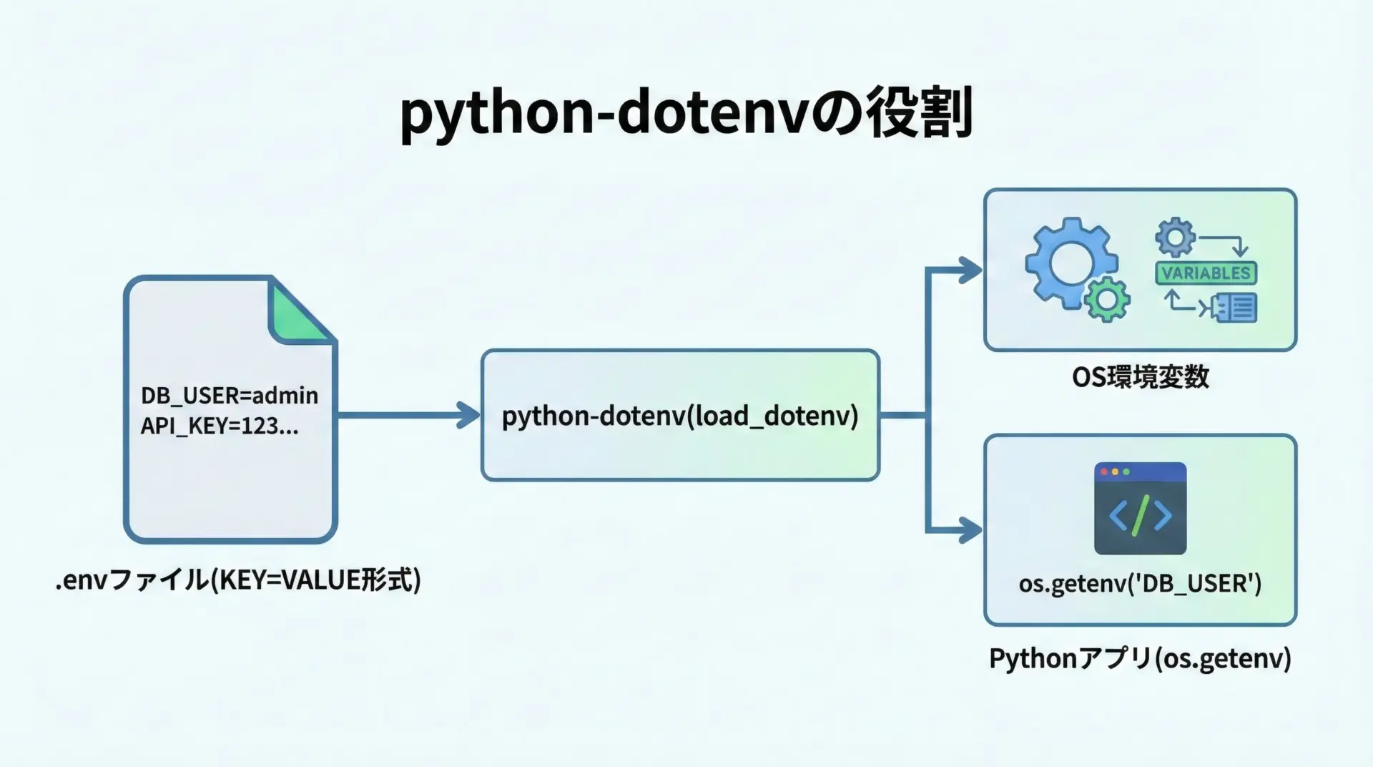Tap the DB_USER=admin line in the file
(229, 395)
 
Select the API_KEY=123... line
(219, 426)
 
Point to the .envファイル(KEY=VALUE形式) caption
(238, 580)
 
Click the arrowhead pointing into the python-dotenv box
(468, 415)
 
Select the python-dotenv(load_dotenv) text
(679, 416)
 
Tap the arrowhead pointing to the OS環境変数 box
(970, 270)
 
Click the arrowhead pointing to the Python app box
(970, 530)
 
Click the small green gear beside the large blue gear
(1107, 299)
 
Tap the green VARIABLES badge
(1206, 273)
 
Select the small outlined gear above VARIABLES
(1175, 237)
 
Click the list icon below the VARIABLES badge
(1236, 308)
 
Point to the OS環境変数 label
(1140, 377)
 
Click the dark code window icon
(1140, 508)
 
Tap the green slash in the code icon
(1141, 515)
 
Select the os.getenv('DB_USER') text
(1140, 584)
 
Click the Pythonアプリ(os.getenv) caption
(1140, 658)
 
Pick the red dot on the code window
(1104, 472)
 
